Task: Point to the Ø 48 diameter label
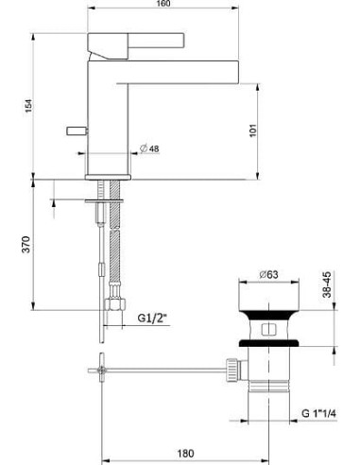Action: pyautogui.click(x=148, y=146)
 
